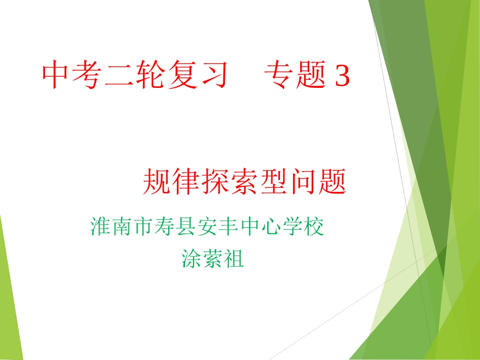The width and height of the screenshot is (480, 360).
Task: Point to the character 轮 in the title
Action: coord(150,76)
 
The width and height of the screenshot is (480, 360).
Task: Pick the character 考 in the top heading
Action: coord(87,76)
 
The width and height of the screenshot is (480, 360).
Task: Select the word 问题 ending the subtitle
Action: coord(318,182)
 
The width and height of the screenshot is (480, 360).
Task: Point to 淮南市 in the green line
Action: coord(120,227)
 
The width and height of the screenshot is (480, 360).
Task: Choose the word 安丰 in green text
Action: coord(217,227)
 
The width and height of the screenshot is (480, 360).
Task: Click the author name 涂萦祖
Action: coord(213,259)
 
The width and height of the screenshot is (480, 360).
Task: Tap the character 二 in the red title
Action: coord(119,76)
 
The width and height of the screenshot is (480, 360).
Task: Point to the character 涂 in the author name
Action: coord(191,259)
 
